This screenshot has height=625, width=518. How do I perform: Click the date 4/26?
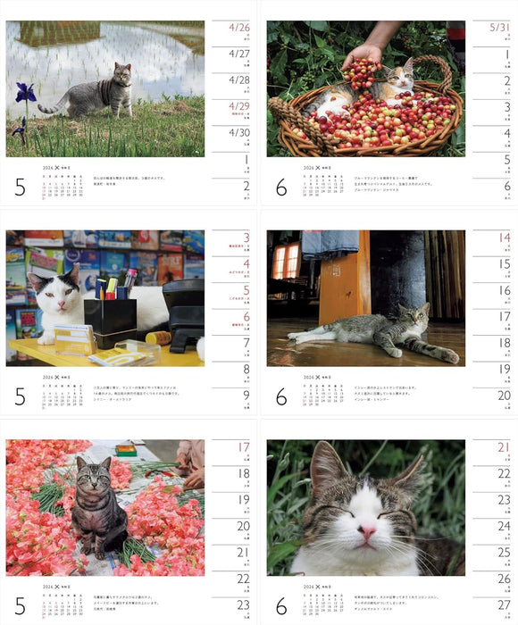[239, 28]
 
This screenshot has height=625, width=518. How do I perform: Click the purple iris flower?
[23, 91]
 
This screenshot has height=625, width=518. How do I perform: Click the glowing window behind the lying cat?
[286, 262]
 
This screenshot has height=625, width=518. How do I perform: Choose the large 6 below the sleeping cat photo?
[280, 606]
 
